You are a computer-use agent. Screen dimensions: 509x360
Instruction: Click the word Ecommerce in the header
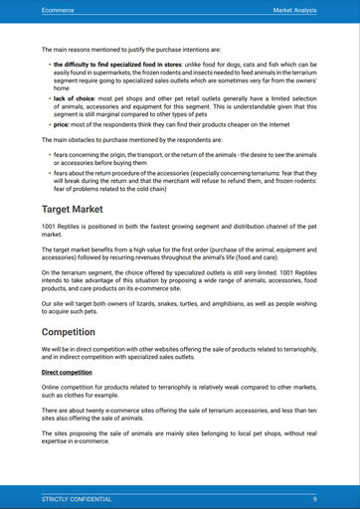coord(60,9)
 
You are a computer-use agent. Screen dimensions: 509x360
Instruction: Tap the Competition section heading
coord(76,332)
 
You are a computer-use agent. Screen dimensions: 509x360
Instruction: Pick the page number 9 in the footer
coord(314,498)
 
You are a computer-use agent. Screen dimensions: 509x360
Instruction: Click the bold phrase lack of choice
coord(76,101)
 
